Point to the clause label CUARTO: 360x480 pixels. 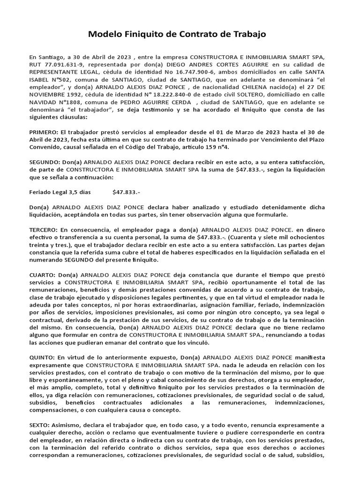click(x=43, y=275)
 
